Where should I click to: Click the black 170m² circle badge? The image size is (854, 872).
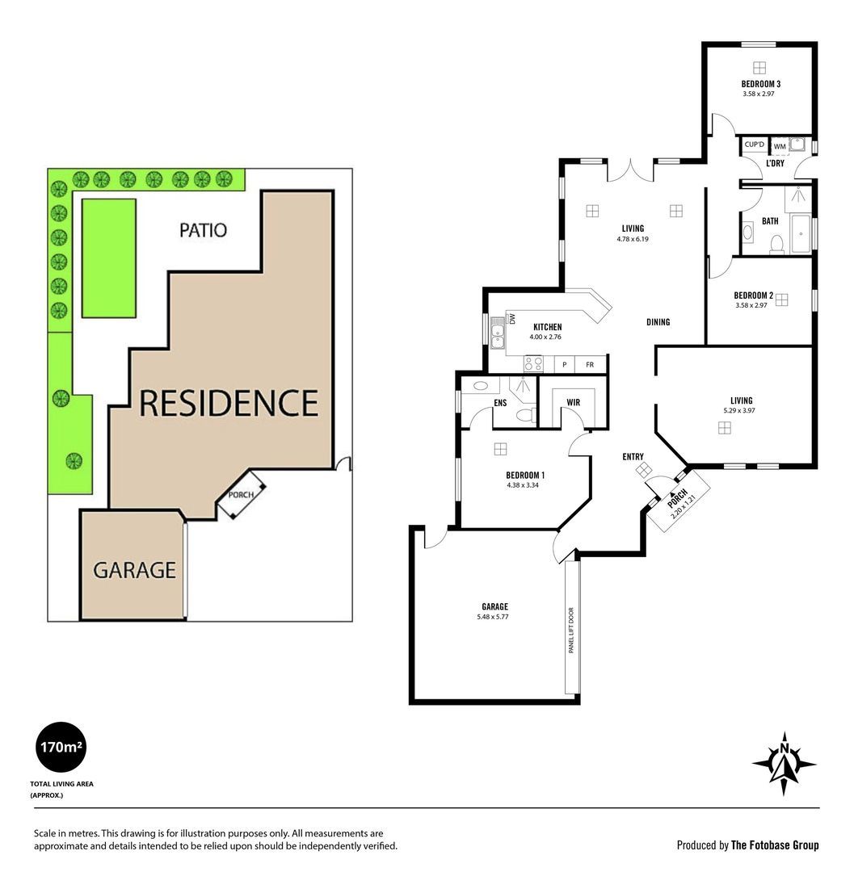tap(61, 747)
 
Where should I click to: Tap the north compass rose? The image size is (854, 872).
tap(784, 764)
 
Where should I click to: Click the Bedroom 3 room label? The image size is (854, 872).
tap(760, 84)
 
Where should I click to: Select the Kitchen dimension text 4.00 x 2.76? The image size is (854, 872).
tap(545, 337)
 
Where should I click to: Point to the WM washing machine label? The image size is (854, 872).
tap(780, 147)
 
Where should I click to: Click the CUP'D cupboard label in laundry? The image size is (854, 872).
tap(755, 145)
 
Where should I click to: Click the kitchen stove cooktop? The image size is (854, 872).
tap(533, 363)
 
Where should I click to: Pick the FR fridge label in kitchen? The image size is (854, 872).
tap(590, 365)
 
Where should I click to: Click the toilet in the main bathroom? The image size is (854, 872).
tap(776, 244)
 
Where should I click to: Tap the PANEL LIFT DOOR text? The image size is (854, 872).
tap(571, 630)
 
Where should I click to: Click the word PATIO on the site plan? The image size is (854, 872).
tap(203, 230)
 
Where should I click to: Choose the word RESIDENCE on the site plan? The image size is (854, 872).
tap(229, 403)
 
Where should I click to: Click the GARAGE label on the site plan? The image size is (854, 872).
tap(135, 570)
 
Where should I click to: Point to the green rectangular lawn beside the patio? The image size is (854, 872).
tap(109, 258)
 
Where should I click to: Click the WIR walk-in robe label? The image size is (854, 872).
tap(573, 402)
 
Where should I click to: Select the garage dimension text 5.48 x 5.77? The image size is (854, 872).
tap(492, 617)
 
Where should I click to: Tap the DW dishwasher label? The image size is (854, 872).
tap(512, 319)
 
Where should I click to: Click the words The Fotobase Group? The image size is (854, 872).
tap(775, 845)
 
